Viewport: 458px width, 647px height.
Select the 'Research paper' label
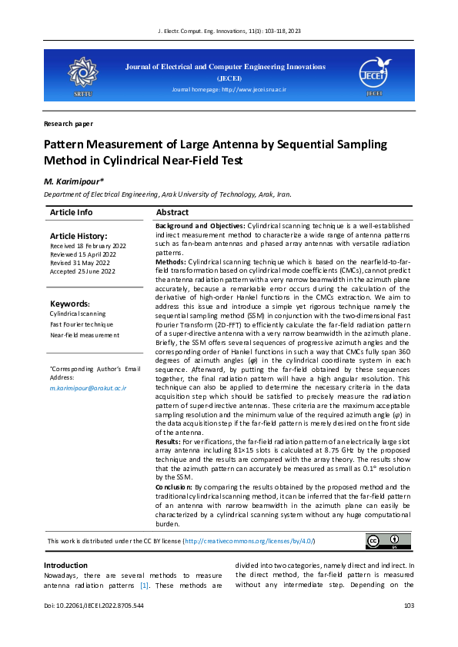pyautogui.click(x=69, y=123)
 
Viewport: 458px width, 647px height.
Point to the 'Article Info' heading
pyautogui.click(x=72, y=212)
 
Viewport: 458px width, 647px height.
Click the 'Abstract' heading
pyautogui.click(x=172, y=212)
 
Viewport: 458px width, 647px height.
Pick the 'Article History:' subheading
pyautogui.click(x=79, y=236)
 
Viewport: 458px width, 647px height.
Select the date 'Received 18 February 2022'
pyautogui.click(x=88, y=246)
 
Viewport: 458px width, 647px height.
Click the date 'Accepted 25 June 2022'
pyautogui.click(x=83, y=271)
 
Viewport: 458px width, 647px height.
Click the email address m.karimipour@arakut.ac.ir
pyautogui.click(x=87, y=388)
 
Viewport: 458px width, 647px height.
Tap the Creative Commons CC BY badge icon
pyautogui.click(x=382, y=542)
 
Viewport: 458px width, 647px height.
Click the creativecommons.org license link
pyautogui.click(x=249, y=542)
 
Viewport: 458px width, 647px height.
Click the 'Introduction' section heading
pyautogui.click(x=65, y=566)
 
